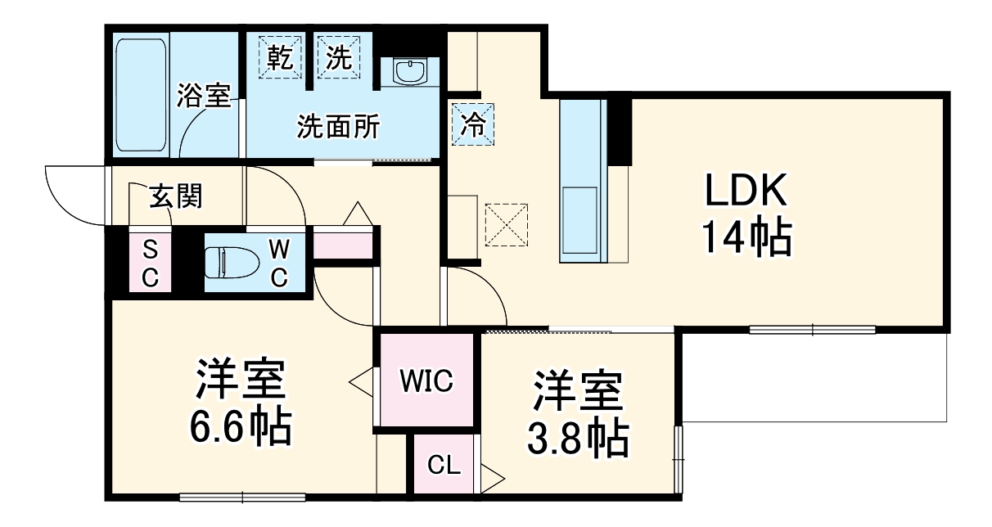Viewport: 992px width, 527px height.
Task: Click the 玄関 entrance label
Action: click(x=175, y=196)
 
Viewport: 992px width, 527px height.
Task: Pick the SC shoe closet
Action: click(x=150, y=263)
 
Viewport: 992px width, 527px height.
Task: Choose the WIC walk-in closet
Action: click(x=426, y=381)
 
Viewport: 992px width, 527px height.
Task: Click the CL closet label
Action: click(x=445, y=466)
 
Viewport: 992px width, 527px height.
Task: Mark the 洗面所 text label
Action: click(x=338, y=127)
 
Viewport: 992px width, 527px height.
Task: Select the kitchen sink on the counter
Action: click(x=583, y=221)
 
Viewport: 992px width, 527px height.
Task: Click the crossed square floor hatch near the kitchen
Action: click(x=507, y=225)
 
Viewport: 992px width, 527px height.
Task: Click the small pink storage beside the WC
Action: click(x=343, y=245)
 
